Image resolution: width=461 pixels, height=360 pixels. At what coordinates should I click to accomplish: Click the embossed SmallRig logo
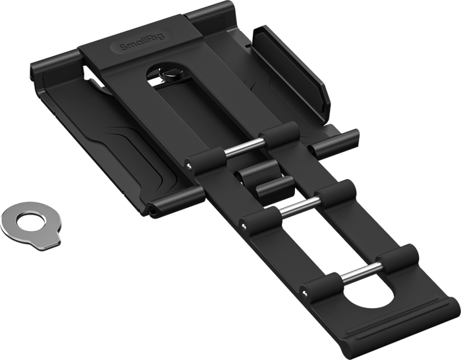(x=142, y=41)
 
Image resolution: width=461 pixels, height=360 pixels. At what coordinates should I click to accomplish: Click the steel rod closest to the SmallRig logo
(x=244, y=147)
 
